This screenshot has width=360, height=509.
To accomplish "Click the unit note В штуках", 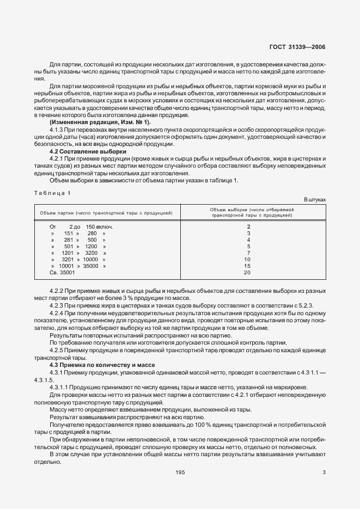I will tap(314, 200).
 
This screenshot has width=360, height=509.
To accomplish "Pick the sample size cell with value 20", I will tap(247, 272).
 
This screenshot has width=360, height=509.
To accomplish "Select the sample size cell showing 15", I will tap(247, 266).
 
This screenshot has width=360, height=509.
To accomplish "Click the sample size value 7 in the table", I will tap(248, 253).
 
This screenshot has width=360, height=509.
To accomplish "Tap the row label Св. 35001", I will tap(63, 272).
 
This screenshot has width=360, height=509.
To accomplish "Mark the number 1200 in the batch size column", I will tap(91, 246).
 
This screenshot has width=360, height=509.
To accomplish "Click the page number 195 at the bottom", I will tap(180, 473).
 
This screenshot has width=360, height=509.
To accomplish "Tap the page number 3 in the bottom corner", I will tap(324, 473).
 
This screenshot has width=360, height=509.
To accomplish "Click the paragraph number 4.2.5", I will tap(58, 351).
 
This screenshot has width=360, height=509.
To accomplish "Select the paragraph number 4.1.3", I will tap(58, 130).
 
